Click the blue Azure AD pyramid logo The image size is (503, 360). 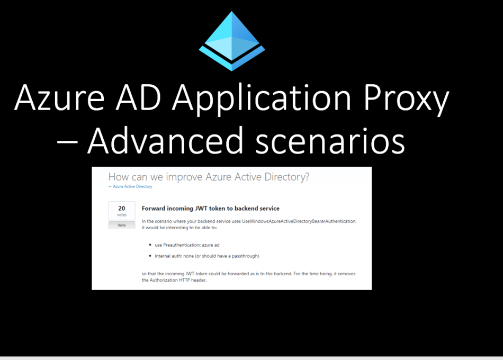click(x=231, y=41)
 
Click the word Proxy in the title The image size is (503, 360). click(x=406, y=99)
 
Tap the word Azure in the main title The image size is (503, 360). click(x=60, y=97)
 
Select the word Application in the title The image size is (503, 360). click(x=262, y=99)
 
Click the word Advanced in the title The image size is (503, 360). click(x=165, y=140)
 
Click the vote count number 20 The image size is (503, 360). click(x=122, y=208)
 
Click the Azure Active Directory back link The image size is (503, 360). click(x=130, y=186)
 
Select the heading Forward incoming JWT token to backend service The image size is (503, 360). click(x=210, y=209)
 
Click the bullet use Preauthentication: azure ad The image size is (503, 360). click(x=187, y=245)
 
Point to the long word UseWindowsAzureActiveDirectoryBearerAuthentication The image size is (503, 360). click(x=299, y=221)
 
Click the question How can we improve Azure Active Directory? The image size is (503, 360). click(x=209, y=177)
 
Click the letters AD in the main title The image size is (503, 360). click(x=138, y=97)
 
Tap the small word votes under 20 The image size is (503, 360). click(x=122, y=215)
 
